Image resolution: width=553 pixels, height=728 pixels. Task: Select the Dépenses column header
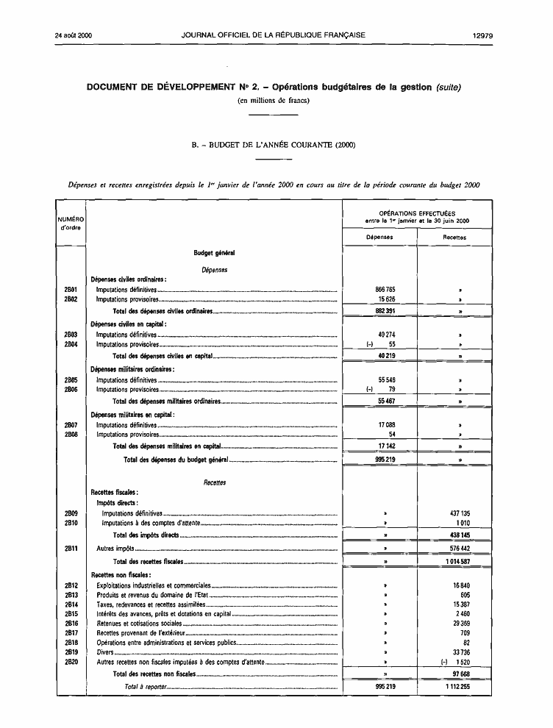[379, 238]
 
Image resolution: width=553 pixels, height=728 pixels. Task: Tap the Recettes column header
[454, 238]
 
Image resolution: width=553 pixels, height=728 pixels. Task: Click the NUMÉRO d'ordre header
[71, 223]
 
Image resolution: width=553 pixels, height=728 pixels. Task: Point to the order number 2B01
[71, 290]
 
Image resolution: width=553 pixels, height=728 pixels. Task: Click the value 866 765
[385, 290]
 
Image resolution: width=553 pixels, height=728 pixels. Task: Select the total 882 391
[385, 311]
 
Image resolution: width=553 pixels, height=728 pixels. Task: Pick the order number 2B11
[71, 548]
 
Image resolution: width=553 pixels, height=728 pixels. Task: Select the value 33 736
[461, 652]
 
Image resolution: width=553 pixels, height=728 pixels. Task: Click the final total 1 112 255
[456, 687]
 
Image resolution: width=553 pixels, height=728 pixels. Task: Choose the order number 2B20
[71, 661]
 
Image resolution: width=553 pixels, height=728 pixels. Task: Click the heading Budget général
[214, 253]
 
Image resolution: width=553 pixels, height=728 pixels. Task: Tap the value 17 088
[386, 425]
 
